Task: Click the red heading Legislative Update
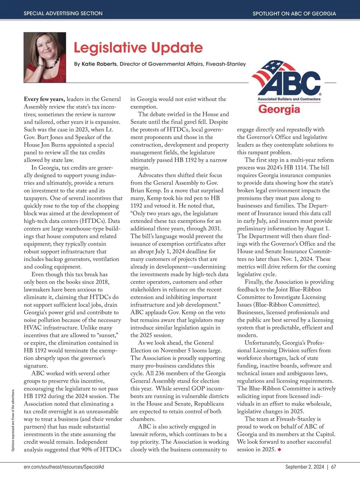(x=138, y=48)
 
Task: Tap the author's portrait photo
(x=45, y=57)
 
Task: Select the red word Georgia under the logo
(x=279, y=109)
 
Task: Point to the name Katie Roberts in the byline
(x=99, y=64)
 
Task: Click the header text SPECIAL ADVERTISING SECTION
(x=63, y=13)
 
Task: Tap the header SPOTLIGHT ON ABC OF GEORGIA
(x=294, y=13)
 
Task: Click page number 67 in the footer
(x=334, y=467)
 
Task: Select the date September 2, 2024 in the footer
(x=304, y=467)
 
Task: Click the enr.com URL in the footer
(x=64, y=467)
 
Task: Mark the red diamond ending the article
(x=280, y=449)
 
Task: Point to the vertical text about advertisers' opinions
(x=13, y=420)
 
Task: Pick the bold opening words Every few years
(x=44, y=99)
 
